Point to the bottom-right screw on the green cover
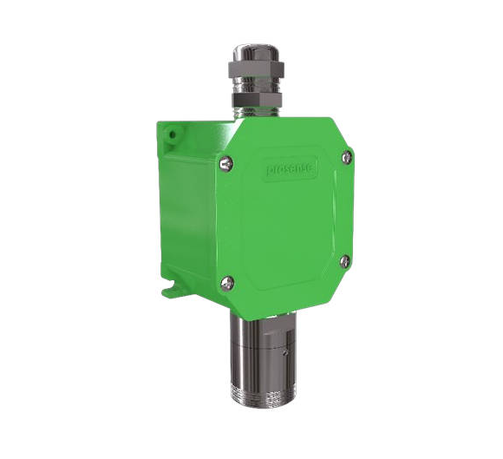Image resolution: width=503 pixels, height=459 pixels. (x=344, y=259)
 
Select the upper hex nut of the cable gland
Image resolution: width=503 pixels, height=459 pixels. (x=258, y=68)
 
